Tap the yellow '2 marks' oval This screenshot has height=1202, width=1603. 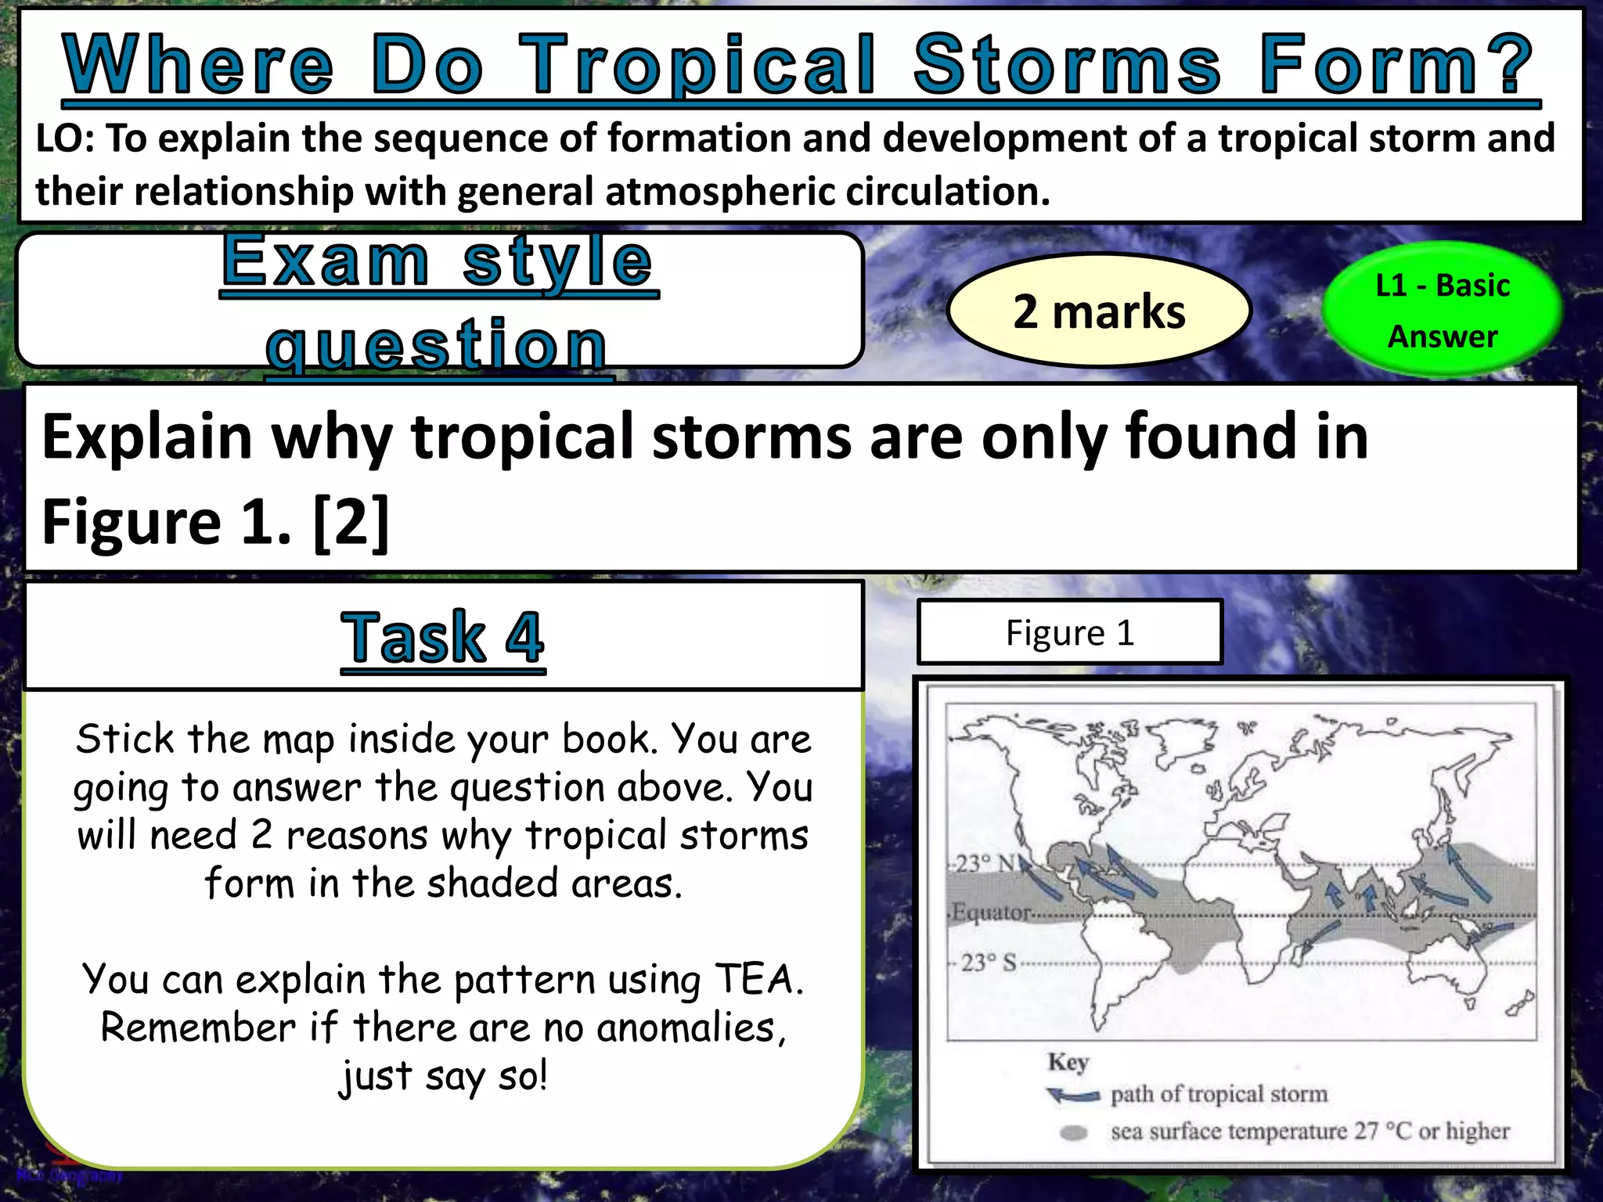[1099, 311]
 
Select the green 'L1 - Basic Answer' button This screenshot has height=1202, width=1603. [1442, 311]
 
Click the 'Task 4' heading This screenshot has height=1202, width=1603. [442, 637]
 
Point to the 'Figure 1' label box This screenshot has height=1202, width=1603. [1069, 632]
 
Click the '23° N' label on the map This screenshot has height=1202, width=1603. [986, 864]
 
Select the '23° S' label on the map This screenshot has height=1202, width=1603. [988, 963]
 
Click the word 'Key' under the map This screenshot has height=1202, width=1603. [1068, 1062]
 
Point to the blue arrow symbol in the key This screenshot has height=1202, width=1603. [1073, 1095]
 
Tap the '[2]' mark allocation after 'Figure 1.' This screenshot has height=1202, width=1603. [351, 522]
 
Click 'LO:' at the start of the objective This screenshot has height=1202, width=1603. [66, 139]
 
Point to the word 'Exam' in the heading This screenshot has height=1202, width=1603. [326, 261]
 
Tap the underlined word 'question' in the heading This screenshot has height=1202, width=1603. [437, 344]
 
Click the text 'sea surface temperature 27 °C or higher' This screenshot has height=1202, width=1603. [1309, 1132]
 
